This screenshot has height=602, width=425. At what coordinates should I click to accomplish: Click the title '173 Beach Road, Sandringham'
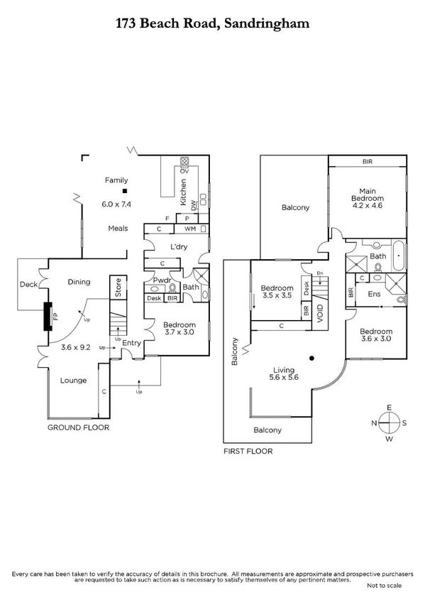[x=212, y=23]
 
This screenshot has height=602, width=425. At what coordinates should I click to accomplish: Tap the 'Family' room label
[x=116, y=180]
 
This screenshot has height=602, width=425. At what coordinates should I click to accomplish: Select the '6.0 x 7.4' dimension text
[x=117, y=204]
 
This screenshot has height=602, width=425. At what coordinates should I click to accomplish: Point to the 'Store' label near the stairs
[x=118, y=288]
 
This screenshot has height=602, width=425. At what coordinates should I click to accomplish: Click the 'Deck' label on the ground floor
[x=28, y=284]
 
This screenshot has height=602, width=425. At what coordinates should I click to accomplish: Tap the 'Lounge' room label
[x=72, y=381]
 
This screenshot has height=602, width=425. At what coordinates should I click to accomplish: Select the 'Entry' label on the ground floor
[x=132, y=344]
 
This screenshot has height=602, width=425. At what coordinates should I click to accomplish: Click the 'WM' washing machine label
[x=189, y=229]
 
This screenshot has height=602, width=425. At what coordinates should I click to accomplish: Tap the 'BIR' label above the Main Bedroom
[x=367, y=162]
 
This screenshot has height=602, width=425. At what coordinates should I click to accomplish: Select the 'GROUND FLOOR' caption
[x=77, y=429]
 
